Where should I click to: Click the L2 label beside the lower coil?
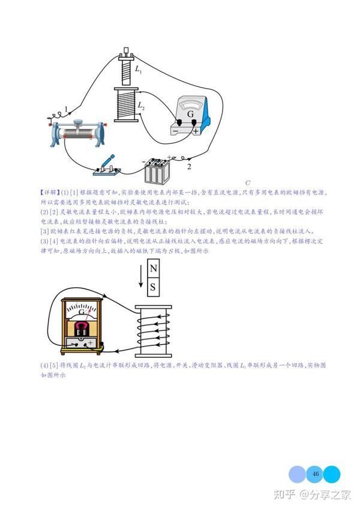tap(140, 105)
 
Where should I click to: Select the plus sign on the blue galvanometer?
tap(196, 130)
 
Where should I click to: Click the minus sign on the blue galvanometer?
tap(176, 131)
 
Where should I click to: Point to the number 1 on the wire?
tap(66, 109)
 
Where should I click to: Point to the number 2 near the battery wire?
tap(190, 165)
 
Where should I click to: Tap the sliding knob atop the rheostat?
tap(78, 123)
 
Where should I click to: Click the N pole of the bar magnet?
tap(153, 269)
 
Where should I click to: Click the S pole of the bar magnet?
tap(153, 287)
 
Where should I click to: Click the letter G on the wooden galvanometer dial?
tap(80, 313)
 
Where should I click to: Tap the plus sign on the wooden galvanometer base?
tap(90, 343)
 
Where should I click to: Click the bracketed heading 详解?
tap(48, 192)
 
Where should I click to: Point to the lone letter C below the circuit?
tap(247, 182)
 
